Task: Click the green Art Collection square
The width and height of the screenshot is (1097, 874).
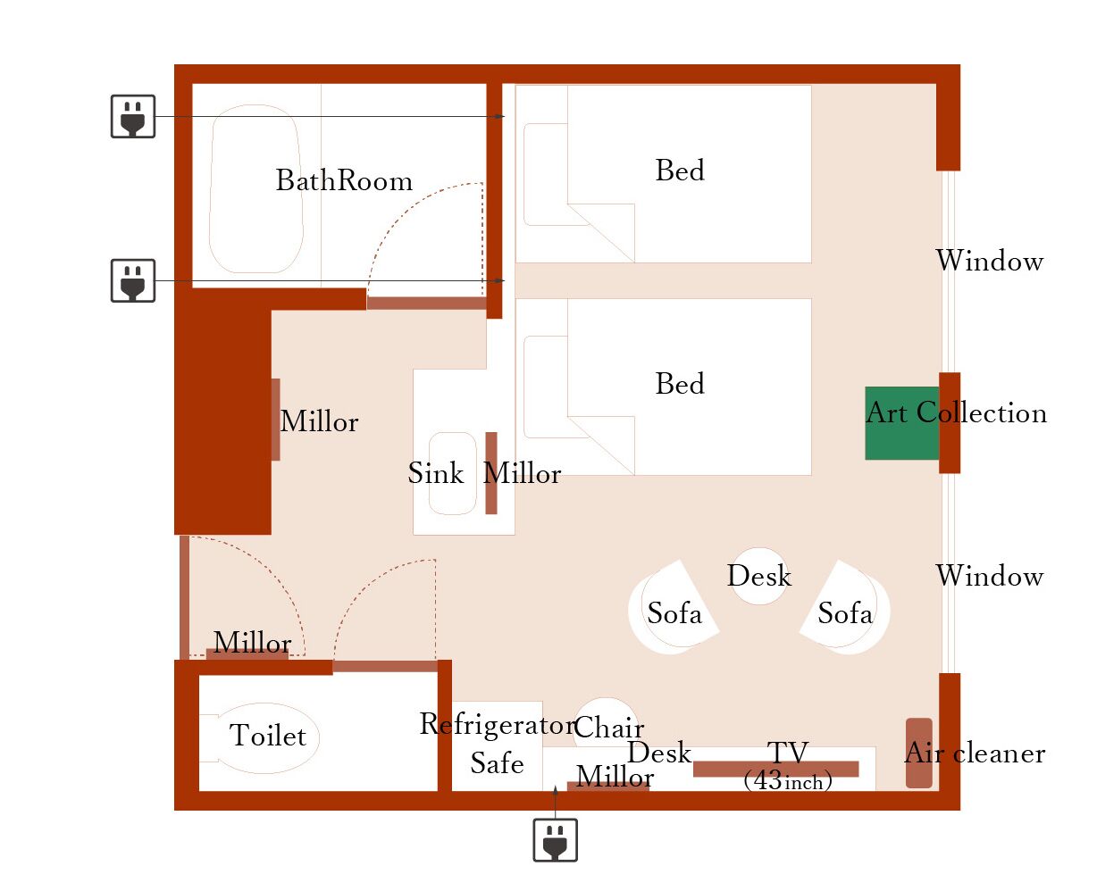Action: click(901, 423)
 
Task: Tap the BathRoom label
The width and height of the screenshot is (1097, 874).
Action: click(344, 181)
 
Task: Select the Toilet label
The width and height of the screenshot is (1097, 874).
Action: click(268, 737)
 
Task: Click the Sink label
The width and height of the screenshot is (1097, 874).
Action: click(436, 473)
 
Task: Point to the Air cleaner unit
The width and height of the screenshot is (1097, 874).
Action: click(918, 753)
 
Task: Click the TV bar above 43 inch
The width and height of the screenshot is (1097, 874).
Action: click(775, 768)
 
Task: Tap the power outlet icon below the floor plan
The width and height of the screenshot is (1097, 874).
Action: click(555, 840)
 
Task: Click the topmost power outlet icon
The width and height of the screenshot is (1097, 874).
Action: click(133, 117)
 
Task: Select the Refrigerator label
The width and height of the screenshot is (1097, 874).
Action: click(498, 725)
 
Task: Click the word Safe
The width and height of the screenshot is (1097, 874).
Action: click(497, 763)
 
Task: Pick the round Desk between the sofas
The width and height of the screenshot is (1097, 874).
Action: click(759, 576)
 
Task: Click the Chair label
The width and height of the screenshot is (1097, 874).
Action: click(608, 728)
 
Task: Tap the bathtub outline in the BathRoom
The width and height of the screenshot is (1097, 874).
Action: click(255, 189)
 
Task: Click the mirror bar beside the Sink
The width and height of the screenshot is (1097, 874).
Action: click(491, 473)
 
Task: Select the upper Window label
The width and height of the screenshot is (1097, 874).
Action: click(989, 262)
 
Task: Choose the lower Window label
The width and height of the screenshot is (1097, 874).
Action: click(989, 577)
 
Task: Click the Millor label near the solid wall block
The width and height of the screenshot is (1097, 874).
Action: click(319, 422)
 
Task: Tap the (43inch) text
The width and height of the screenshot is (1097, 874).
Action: click(787, 782)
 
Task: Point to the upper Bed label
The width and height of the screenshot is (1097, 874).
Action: click(680, 171)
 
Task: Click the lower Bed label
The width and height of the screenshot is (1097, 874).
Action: click(680, 385)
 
